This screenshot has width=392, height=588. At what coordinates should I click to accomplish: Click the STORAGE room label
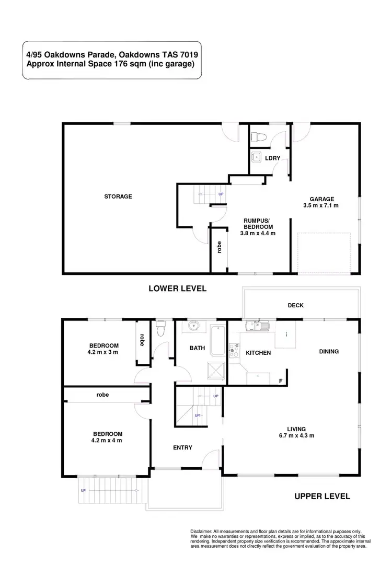click(x=118, y=197)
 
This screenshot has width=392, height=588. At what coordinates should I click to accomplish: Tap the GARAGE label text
click(x=321, y=199)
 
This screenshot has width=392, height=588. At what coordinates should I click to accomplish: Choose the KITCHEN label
click(x=258, y=353)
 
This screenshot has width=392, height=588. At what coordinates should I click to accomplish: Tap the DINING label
click(x=329, y=351)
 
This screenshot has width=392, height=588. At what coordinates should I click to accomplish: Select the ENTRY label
click(x=182, y=447)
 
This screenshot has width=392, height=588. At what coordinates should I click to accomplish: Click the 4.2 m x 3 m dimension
click(x=103, y=352)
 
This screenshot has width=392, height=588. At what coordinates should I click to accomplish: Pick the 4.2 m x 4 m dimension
click(x=108, y=440)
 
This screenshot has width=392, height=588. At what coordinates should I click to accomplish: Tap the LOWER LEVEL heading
click(x=178, y=288)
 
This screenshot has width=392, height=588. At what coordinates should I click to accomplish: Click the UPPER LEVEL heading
click(x=321, y=496)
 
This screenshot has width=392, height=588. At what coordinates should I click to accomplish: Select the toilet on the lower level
click(x=257, y=137)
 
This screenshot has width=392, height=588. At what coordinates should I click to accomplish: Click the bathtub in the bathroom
click(x=216, y=340)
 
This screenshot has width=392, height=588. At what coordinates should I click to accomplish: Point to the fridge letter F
click(x=281, y=381)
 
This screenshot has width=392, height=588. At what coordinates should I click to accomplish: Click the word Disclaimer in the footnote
click(x=201, y=531)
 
